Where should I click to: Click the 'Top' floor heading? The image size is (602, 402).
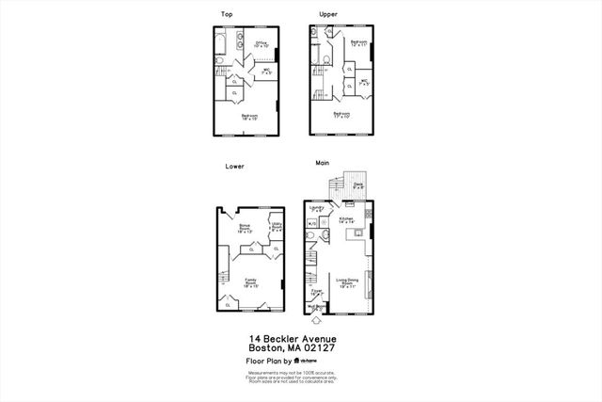tap(227, 14)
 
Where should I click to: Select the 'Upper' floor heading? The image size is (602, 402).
tap(328, 14)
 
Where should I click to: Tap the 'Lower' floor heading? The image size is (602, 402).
tap(234, 166)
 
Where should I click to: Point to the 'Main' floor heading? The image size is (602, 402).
tap(323, 166)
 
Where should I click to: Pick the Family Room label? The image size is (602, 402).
tap(251, 281)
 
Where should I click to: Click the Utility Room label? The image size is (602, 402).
tap(277, 228)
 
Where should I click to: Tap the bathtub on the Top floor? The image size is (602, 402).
tap(221, 41)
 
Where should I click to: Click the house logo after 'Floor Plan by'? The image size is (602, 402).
tap(297, 361)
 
